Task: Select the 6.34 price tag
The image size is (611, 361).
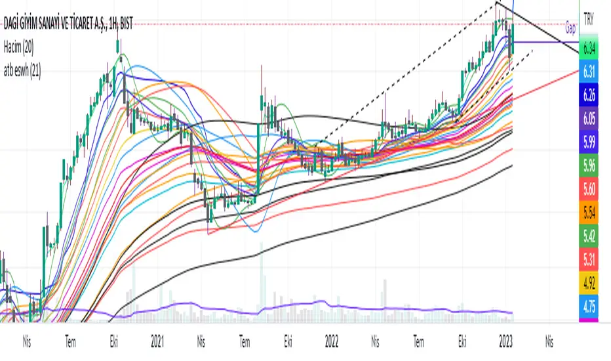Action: [x=593, y=47]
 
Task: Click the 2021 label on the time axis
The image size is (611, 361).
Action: [x=157, y=341]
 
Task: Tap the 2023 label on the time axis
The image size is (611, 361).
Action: [x=506, y=341]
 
